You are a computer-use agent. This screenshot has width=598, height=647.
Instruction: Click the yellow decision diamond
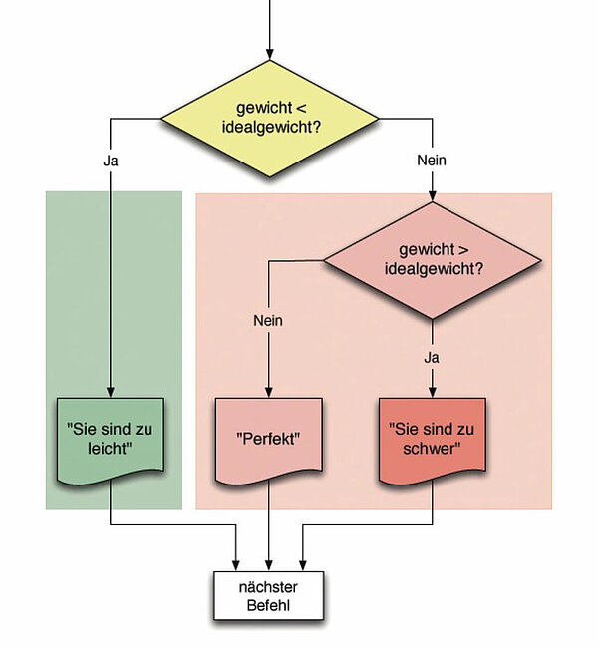tap(270, 118)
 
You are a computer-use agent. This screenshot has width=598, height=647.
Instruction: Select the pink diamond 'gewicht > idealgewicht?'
tap(433, 261)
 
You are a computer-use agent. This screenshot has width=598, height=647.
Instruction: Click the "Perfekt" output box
tap(269, 438)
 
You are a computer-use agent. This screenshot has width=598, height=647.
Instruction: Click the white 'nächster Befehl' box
tap(269, 595)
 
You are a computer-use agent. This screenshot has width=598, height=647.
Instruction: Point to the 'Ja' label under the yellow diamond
tap(111, 160)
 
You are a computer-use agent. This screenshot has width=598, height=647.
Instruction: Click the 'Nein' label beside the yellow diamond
tap(432, 160)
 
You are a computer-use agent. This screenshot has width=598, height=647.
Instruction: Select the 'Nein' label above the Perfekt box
tap(268, 321)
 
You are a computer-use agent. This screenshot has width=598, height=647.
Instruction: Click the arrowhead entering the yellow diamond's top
tap(270, 52)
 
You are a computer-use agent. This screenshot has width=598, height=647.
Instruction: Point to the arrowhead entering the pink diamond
tap(432, 197)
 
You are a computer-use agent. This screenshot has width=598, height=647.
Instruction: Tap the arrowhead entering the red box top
tap(432, 392)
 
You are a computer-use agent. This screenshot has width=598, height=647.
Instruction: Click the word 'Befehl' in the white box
tap(269, 605)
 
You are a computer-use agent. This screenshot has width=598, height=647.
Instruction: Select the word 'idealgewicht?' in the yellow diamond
tap(270, 128)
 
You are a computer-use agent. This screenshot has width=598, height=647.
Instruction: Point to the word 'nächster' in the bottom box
tap(269, 586)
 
